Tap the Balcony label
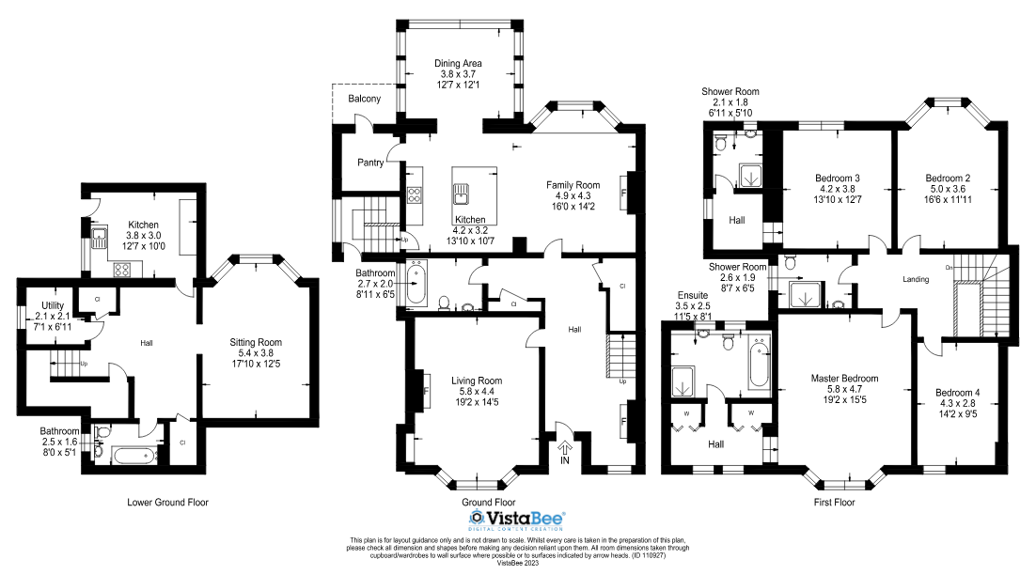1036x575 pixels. coord(364,99)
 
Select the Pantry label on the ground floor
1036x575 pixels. coord(370,163)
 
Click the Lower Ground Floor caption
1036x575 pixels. coord(167,503)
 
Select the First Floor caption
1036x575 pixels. coord(834,503)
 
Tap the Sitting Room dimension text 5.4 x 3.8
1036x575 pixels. coord(256,353)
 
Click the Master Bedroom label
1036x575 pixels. coord(843,380)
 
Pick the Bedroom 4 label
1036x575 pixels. coord(957,394)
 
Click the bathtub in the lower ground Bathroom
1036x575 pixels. coord(132,456)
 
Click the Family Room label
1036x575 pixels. coord(573,185)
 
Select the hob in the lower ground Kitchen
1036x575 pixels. coord(122,268)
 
